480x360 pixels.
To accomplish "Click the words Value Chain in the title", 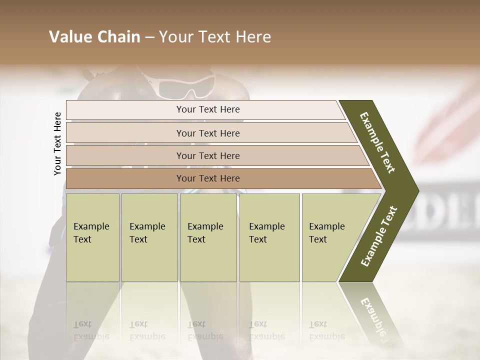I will pyautogui.click(x=94, y=37).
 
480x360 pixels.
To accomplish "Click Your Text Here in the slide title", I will pyautogui.click(x=215, y=37).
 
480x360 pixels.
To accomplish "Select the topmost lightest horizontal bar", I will pyautogui.click(x=207, y=110).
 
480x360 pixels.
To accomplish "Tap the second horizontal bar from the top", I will pyautogui.click(x=207, y=133).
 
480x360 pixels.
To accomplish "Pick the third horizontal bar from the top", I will pyautogui.click(x=207, y=156).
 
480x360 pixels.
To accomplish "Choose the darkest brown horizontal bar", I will pyautogui.click(x=207, y=178).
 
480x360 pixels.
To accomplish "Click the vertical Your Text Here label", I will pyautogui.click(x=57, y=143).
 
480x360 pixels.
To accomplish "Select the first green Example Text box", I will pyautogui.click(x=92, y=237).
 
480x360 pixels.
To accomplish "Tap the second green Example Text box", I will pyautogui.click(x=149, y=237).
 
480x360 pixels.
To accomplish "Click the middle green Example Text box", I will pyautogui.click(x=208, y=237).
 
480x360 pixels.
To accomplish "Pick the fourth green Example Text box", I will pyautogui.click(x=269, y=237).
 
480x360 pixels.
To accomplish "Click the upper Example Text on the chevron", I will pyautogui.click(x=377, y=143).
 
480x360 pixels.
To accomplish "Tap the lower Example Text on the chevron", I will pyautogui.click(x=379, y=236).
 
